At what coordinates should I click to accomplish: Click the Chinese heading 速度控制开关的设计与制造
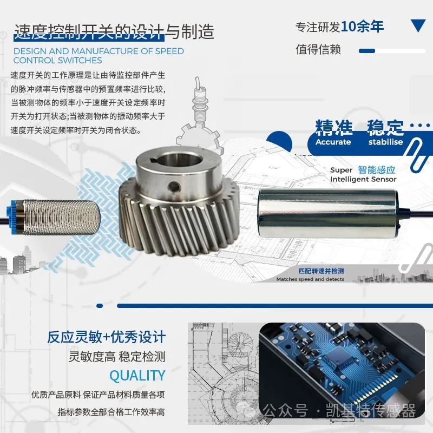[114, 31]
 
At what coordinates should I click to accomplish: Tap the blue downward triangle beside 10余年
[418, 25]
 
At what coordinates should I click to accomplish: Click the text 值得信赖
[318, 49]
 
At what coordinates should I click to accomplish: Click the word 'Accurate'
[333, 142]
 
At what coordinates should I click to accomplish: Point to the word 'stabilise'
[385, 142]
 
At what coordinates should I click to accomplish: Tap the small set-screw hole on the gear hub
[173, 188]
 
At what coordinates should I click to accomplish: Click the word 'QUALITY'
[137, 375]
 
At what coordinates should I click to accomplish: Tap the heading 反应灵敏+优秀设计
[106, 337]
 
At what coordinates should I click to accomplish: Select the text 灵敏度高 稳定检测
[117, 356]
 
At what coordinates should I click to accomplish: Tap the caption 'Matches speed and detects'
[310, 279]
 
